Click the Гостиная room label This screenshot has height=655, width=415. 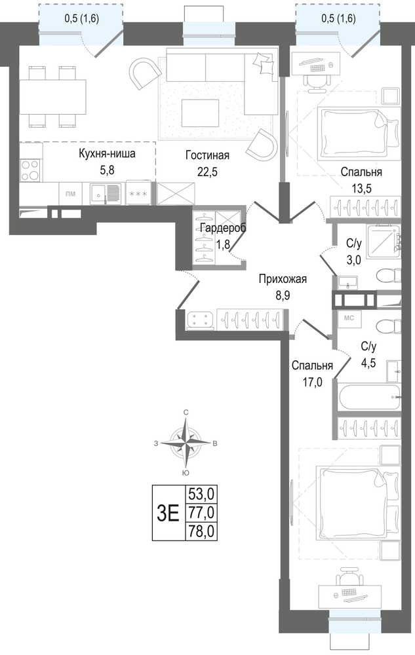coord(207,155)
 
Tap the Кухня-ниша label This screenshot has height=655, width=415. coord(107,154)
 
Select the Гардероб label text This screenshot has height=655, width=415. coord(223,228)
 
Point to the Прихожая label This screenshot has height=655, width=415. coord(283,279)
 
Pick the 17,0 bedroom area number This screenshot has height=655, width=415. coord(312,383)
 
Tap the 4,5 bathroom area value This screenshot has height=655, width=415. coord(368,363)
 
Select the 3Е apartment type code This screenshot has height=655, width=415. coord(168,513)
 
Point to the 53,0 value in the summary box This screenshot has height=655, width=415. coord(201,495)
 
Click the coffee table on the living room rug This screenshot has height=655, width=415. coord(200,113)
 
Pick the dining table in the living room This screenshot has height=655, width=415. coord(52,96)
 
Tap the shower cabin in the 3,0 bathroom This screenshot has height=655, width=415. coord(384,242)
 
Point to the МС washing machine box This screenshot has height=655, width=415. coord(349,318)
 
